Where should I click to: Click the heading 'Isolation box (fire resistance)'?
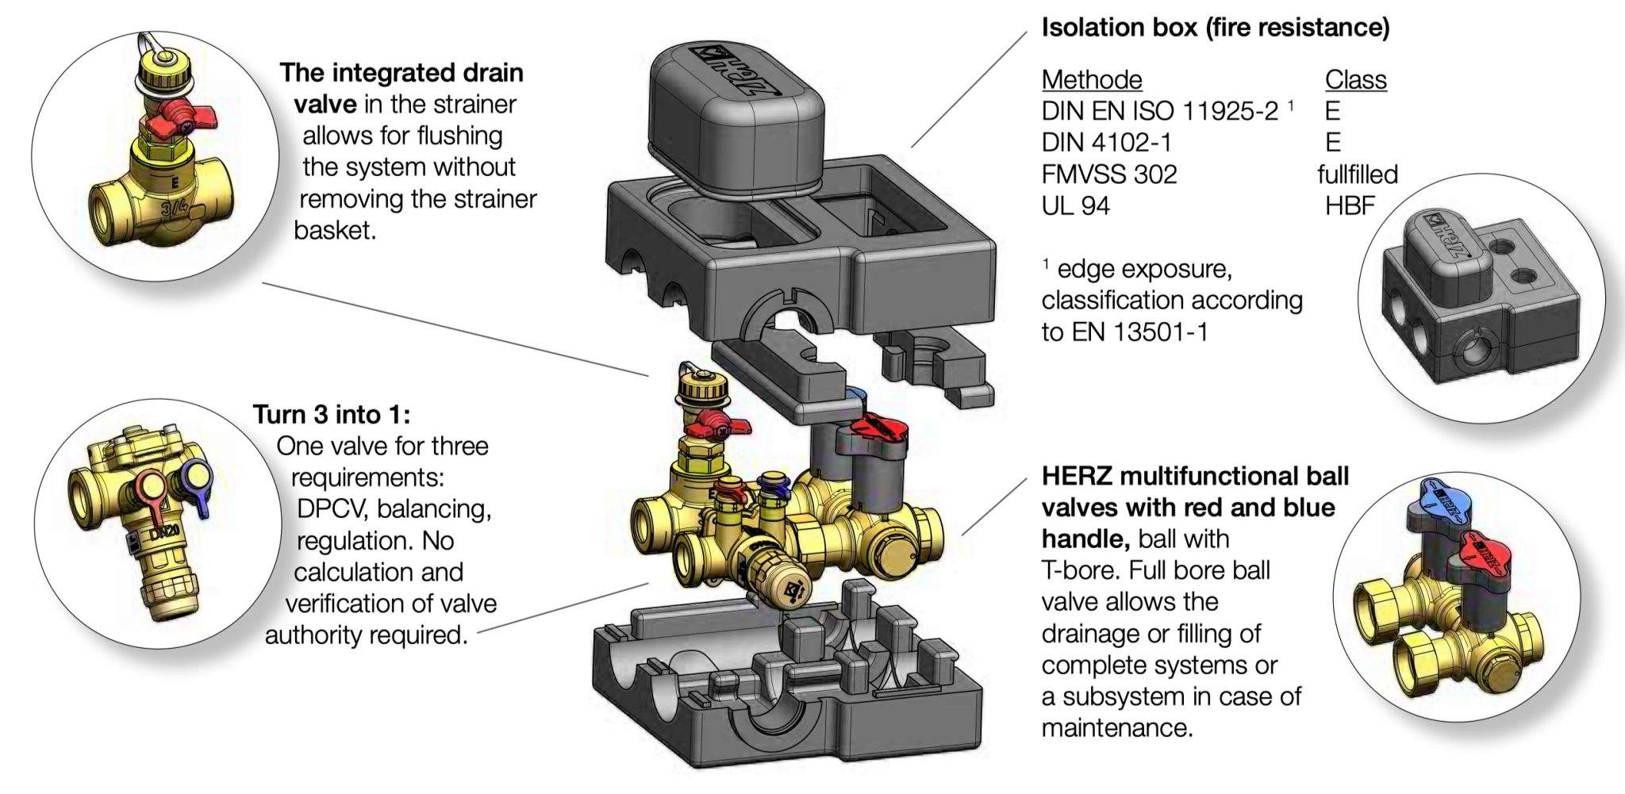1215,28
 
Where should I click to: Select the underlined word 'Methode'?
1091,79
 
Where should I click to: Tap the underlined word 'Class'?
1355,79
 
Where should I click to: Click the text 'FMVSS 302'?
1108,175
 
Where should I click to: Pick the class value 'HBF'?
1349,206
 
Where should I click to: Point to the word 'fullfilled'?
1357,175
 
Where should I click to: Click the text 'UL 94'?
1075,206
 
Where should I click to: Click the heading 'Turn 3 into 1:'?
332,414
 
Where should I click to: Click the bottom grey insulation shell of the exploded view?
786,698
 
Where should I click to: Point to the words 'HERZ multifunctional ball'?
1194,476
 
